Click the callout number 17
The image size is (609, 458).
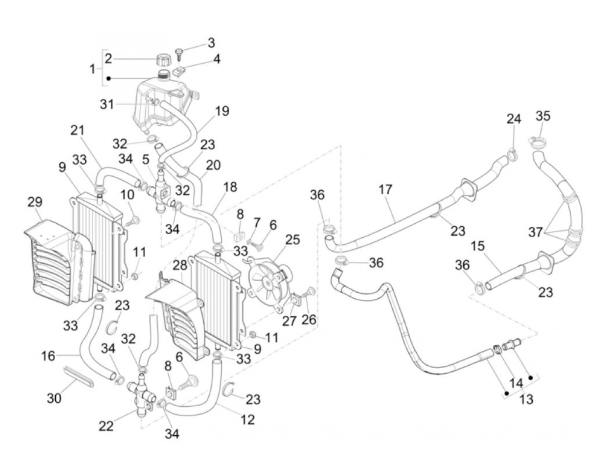pos(385,190)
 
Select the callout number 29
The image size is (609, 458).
pos(35,202)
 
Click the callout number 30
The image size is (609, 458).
pos(54,397)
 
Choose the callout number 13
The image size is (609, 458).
pos(526,398)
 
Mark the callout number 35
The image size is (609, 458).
pos(543,116)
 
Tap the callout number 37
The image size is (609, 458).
pos(535,232)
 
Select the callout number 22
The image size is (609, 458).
pos(106,425)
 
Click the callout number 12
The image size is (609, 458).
pos(248,419)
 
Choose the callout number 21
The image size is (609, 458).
pos(78,130)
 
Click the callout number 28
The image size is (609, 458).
pos(180,265)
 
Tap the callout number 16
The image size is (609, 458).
pos(48,356)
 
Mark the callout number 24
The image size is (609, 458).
pos(514,119)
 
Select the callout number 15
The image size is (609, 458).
pos(477,246)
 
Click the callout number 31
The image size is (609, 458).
pos(107,104)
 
